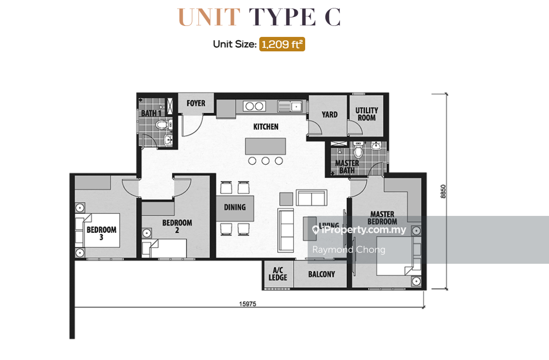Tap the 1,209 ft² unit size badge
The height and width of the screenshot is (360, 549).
[282, 44]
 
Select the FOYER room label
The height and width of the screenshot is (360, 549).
[196, 103]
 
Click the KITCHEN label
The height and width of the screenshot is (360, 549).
[266, 127]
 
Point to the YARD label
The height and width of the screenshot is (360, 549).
[329, 114]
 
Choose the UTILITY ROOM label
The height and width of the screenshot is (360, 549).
[366, 114]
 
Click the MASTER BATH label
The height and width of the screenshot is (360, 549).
[347, 167]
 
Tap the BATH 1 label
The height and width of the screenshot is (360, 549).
[151, 113]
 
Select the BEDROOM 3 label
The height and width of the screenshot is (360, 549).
[101, 233]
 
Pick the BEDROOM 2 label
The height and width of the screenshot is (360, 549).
[177, 226]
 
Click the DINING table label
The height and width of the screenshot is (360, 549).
[235, 207]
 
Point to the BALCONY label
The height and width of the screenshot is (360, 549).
[322, 274]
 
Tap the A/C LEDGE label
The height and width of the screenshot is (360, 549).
[278, 274]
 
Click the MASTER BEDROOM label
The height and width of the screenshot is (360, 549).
[382, 218]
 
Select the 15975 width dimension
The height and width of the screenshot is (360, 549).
[247, 304]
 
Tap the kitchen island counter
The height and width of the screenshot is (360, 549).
[266, 147]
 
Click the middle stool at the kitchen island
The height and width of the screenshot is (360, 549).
[266, 161]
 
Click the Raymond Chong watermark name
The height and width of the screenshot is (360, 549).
[349, 250]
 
